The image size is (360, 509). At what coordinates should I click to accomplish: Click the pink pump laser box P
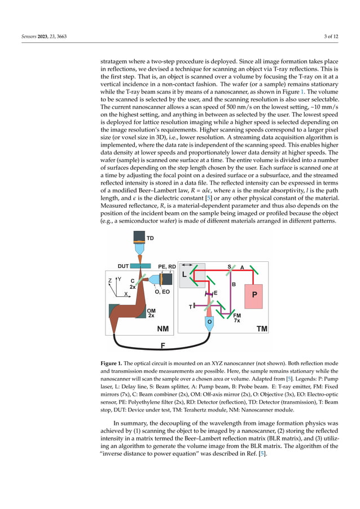click(254, 295)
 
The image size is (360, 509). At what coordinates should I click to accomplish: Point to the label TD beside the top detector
click(150, 239)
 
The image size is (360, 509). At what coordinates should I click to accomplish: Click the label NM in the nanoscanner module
click(163, 328)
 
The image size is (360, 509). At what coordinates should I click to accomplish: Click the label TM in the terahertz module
click(262, 328)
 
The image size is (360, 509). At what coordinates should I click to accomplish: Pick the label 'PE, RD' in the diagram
click(166, 265)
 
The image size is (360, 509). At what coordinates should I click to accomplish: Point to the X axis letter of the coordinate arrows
click(125, 294)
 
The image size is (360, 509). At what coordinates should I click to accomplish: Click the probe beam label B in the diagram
click(233, 284)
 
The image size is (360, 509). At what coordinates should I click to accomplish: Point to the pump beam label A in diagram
click(242, 267)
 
